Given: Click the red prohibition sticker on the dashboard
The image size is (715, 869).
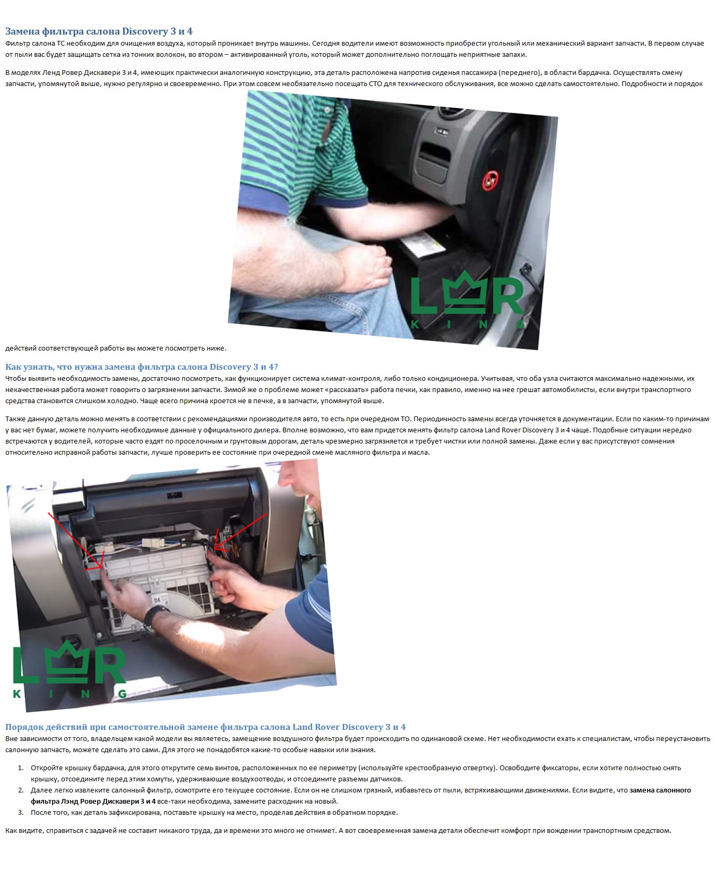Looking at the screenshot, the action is tap(490, 181).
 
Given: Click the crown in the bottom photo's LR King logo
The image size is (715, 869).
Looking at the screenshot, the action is tap(67, 661).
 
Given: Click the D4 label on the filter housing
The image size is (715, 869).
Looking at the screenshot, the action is tap(157, 600).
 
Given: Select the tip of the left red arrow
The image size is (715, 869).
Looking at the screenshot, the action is tap(102, 567).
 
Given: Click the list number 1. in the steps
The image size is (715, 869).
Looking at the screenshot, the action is tap(21, 768).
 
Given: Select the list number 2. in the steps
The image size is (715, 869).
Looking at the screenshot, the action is tap(21, 790).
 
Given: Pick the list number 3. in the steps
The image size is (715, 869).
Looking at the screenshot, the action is tap(21, 812).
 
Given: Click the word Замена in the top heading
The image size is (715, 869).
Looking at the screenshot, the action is tap(22, 31).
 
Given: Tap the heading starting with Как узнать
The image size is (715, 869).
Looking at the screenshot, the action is tap(142, 367).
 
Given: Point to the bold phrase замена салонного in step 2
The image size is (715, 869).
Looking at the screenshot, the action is tap(660, 790).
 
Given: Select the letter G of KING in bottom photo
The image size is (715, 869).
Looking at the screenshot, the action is tap(122, 693).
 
